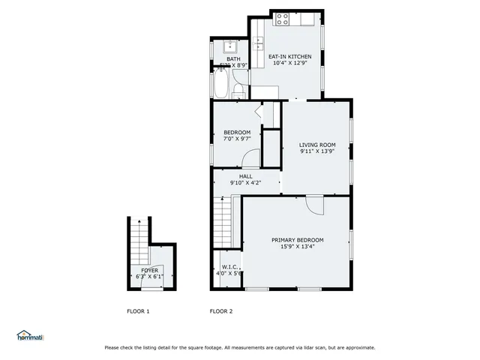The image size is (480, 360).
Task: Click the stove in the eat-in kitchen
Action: point(283,19)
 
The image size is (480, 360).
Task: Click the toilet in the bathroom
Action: point(237,91)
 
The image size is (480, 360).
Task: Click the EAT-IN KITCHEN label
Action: point(289,56)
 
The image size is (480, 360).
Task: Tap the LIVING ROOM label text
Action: point(317,145)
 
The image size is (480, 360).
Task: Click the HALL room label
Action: point(246,176)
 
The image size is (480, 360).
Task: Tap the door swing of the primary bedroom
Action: point(313,205)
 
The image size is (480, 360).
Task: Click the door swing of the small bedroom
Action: point(251,158)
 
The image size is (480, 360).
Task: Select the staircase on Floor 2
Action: point(222,221)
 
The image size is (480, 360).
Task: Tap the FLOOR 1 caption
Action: point(137,311)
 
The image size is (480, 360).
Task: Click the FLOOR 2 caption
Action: point(221,311)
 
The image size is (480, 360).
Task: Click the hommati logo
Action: point(30,335)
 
